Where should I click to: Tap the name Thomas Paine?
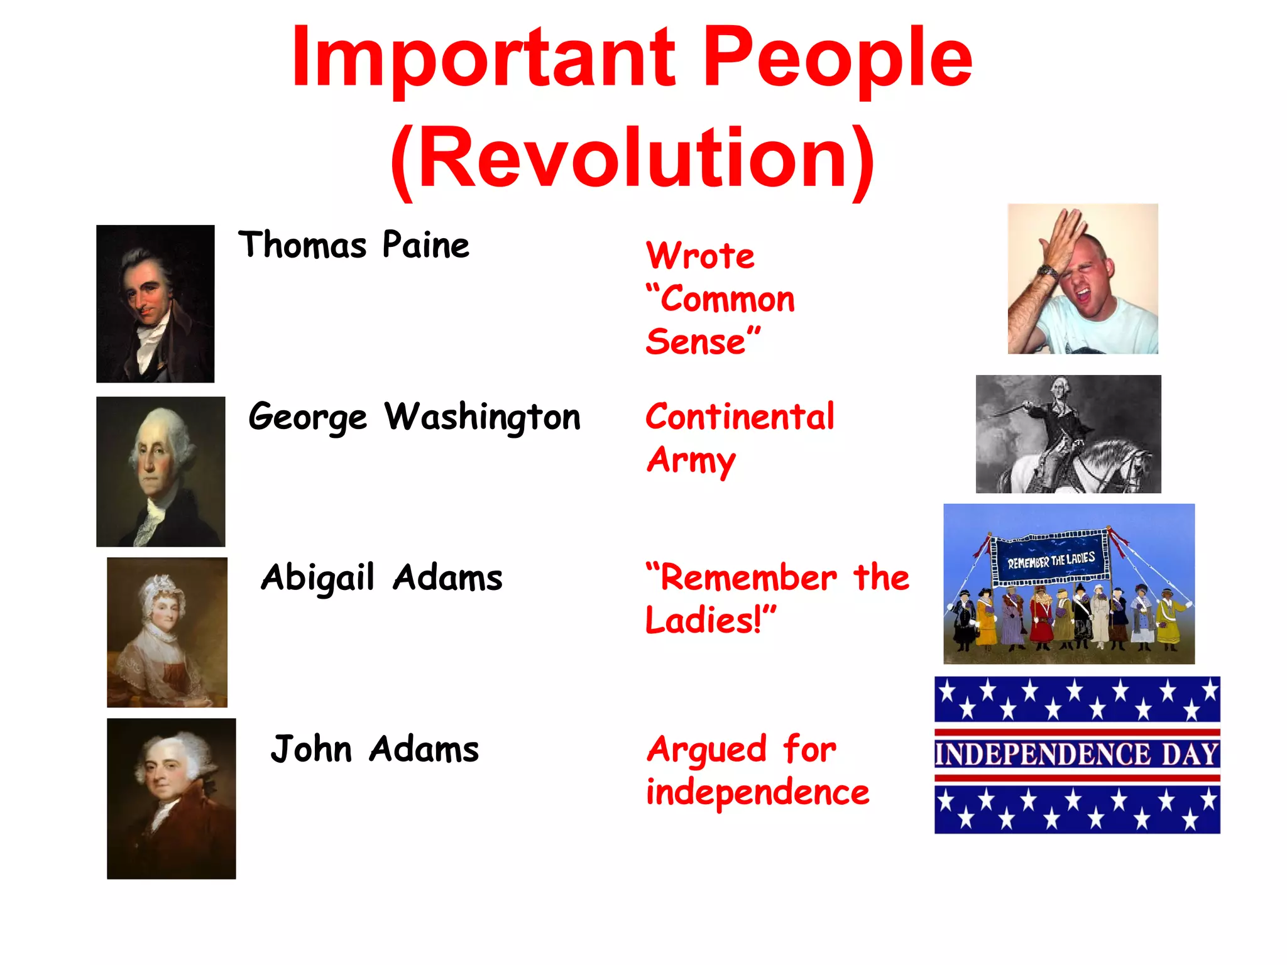click(x=353, y=245)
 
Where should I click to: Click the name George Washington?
click(x=414, y=417)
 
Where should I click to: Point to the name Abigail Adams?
click(x=381, y=578)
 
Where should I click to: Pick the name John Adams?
click(x=375, y=749)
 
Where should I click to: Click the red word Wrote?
click(x=700, y=256)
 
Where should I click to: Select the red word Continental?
click(x=740, y=417)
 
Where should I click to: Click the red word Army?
click(x=691, y=461)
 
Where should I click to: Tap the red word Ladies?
click(x=710, y=621)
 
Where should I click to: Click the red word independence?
click(x=757, y=792)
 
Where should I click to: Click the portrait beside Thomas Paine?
click(x=155, y=303)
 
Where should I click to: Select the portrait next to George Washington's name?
click(x=160, y=471)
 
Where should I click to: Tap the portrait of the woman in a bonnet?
click(x=167, y=632)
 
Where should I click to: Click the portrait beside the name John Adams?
click(x=171, y=798)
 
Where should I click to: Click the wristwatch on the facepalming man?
click(x=1048, y=271)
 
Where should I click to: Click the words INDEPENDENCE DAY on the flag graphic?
click(x=1076, y=755)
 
